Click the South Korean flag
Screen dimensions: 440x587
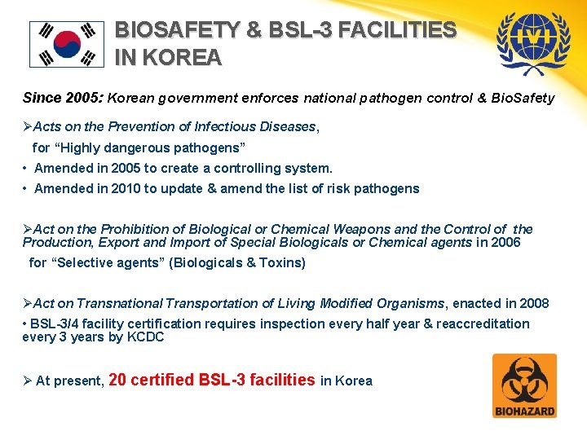click(x=67, y=44)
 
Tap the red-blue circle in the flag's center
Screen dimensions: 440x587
click(x=67, y=44)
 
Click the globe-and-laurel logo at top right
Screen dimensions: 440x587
click(x=533, y=42)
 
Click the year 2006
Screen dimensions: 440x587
click(x=505, y=242)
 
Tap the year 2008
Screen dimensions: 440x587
click(x=534, y=303)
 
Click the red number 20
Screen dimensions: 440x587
click(x=117, y=380)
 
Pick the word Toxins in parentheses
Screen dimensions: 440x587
click(x=282, y=262)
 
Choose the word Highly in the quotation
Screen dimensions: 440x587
click(x=80, y=147)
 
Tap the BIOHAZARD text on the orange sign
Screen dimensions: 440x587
click(x=525, y=411)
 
